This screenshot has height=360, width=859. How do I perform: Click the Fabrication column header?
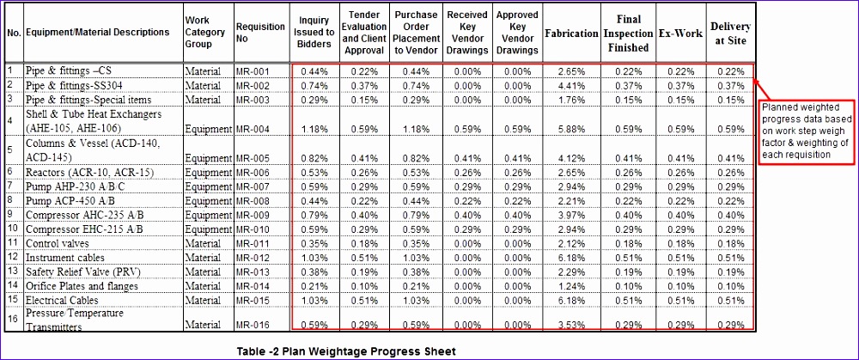pyautogui.click(x=571, y=33)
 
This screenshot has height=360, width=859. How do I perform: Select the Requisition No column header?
pyautogui.click(x=260, y=33)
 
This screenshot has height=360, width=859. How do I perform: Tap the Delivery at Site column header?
pyautogui.click(x=728, y=33)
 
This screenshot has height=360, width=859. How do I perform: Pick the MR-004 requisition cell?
pyautogui.click(x=253, y=130)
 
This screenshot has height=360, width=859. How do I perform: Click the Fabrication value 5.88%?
pyautogui.click(x=571, y=130)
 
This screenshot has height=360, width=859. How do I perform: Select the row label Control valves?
pyautogui.click(x=57, y=243)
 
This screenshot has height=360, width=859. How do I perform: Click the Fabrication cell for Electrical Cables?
pyautogui.click(x=571, y=300)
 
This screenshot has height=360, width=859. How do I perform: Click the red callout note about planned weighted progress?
pyautogui.click(x=805, y=131)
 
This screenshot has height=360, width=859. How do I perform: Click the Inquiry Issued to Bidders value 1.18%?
pyautogui.click(x=315, y=130)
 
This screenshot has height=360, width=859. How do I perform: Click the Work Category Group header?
pyautogui.click(x=207, y=33)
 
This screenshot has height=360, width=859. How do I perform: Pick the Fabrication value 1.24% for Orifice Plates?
pyautogui.click(x=571, y=285)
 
